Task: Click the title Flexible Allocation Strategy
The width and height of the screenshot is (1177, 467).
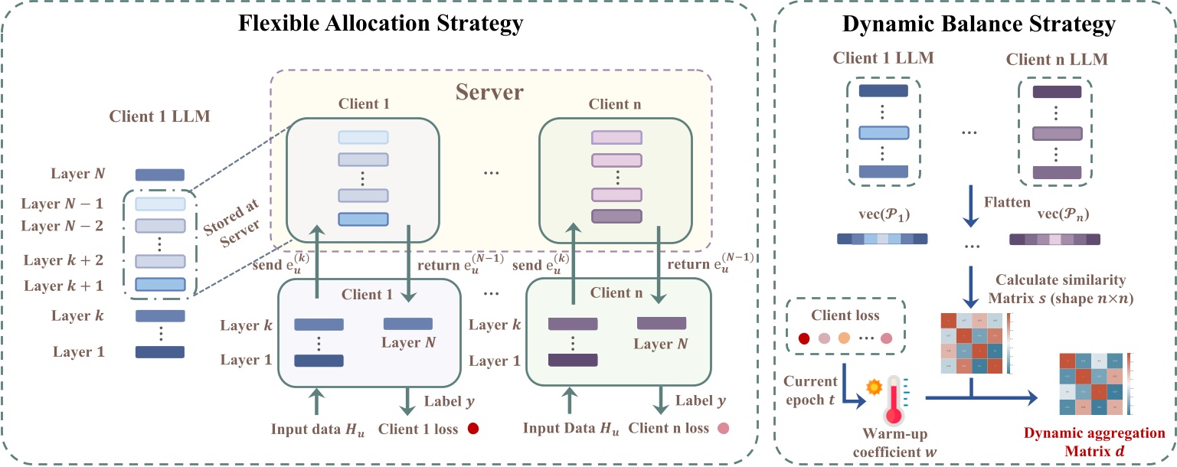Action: coord(381,23)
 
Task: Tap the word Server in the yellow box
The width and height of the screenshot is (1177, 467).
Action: coord(489,93)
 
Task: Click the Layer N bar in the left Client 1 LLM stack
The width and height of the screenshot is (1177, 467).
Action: coord(160,175)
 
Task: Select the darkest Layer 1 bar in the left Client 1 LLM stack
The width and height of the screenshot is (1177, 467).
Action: coord(160,352)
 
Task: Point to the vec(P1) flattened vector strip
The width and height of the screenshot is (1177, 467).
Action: coord(880,238)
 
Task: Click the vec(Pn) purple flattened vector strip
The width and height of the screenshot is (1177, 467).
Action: coord(1054,239)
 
